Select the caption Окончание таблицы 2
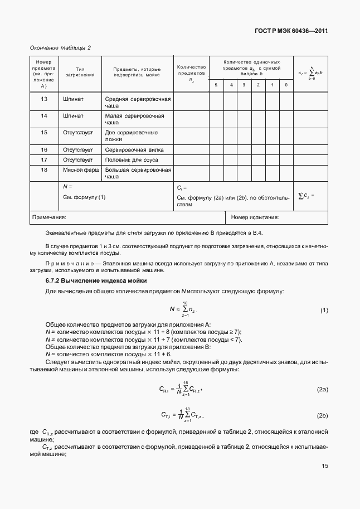[60, 47]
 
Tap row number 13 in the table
[44, 99]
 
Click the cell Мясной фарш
[81, 169]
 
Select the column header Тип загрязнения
[80, 71]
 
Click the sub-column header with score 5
[216, 85]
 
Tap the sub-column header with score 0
[286, 85]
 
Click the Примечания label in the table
[50, 217]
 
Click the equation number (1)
[324, 310]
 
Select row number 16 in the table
[44, 149]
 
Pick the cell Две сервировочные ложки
[132, 136]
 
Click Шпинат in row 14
[74, 115]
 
